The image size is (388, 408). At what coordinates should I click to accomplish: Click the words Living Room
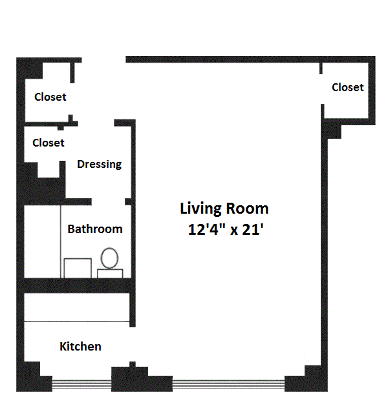(224, 209)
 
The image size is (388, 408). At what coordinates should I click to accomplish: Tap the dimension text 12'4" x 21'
(226, 230)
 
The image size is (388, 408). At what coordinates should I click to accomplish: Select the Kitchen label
(80, 347)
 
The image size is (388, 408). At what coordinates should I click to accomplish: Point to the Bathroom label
(95, 229)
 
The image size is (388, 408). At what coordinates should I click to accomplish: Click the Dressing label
(100, 165)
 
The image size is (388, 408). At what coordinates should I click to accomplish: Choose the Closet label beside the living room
(348, 87)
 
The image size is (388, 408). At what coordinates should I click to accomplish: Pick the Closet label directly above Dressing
(48, 143)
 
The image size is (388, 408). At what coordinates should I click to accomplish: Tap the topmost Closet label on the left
(50, 97)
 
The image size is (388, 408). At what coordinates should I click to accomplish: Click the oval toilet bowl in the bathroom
(109, 258)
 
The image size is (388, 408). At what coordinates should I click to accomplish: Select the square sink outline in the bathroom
(78, 268)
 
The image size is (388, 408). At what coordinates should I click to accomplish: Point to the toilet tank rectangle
(110, 274)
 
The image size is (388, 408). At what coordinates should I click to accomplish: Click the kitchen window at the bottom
(82, 385)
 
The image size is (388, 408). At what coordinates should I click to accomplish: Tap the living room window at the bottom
(228, 385)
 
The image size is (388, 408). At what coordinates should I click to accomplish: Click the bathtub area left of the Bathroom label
(43, 241)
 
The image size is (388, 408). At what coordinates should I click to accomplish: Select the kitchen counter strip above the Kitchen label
(77, 307)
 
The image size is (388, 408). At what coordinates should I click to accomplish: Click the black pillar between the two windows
(142, 379)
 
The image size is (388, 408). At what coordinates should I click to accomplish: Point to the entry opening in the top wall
(103, 60)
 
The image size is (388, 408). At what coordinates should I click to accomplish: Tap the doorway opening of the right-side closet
(322, 89)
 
